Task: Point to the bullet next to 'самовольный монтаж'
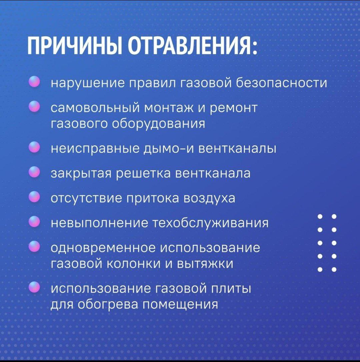[34, 106]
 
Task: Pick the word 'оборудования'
[158, 124]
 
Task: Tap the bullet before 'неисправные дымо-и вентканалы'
[34, 147]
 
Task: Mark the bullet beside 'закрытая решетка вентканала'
[34, 172]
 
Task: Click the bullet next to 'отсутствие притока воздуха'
[34, 197]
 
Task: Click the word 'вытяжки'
[205, 264]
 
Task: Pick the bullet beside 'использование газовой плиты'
[34, 287]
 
